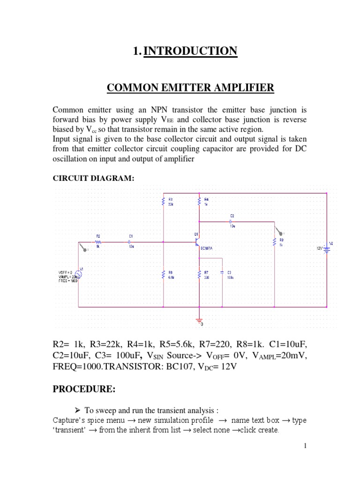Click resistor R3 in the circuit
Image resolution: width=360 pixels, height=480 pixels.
click(x=163, y=201)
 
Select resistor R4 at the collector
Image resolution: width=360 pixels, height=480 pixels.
click(x=200, y=201)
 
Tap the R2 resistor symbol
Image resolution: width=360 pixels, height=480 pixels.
click(x=98, y=243)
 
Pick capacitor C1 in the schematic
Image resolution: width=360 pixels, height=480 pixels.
click(x=131, y=243)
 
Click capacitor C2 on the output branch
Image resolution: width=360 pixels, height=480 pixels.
click(x=232, y=221)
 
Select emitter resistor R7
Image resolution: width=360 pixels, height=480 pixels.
click(x=200, y=274)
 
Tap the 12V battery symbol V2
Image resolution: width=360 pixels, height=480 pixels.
click(x=326, y=249)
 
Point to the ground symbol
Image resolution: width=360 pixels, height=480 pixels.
click(x=200, y=321)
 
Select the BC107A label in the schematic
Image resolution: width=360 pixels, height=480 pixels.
click(x=206, y=248)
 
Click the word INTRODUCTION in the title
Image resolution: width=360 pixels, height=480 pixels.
click(x=190, y=51)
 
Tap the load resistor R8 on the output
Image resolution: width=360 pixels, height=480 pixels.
click(x=275, y=242)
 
